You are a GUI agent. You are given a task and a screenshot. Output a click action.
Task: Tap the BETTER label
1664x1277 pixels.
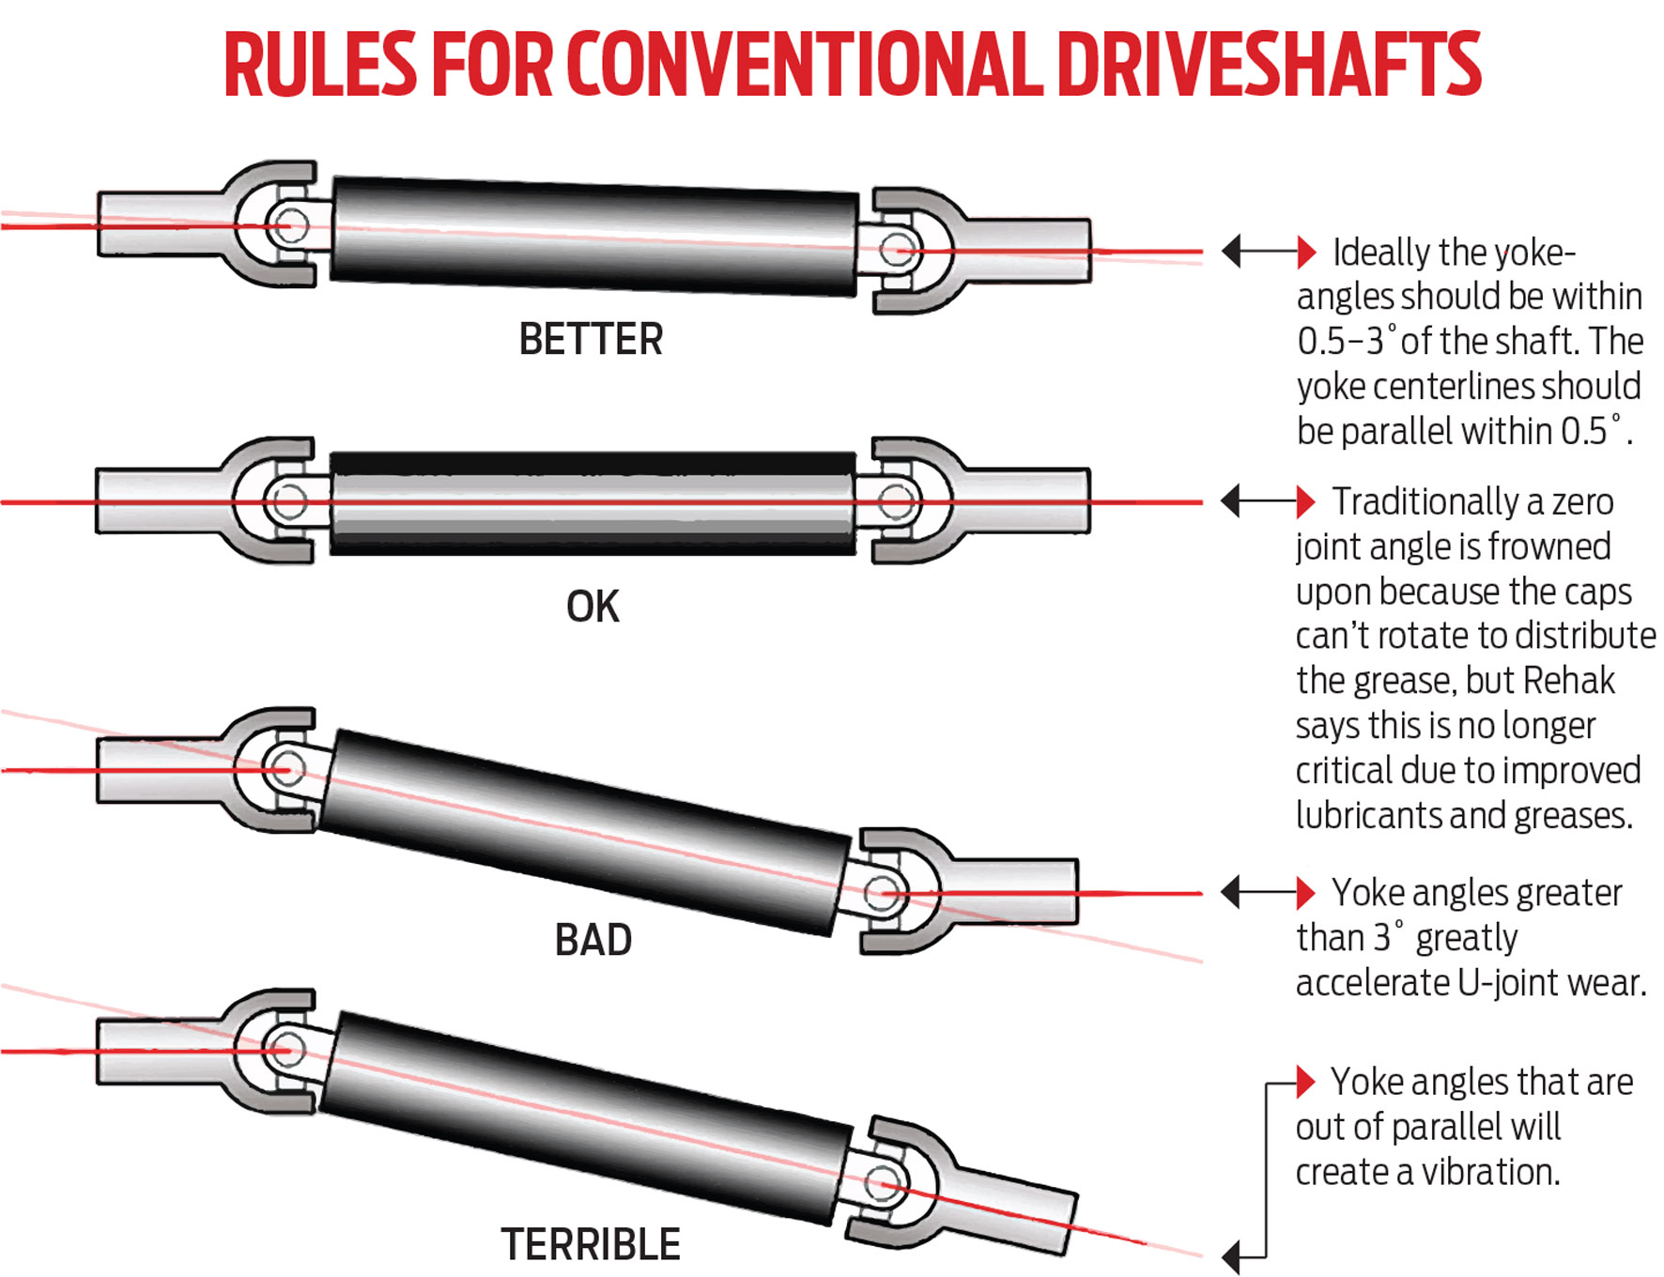pyautogui.click(x=591, y=339)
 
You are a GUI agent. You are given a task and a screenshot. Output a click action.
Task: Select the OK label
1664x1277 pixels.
pyautogui.click(x=593, y=607)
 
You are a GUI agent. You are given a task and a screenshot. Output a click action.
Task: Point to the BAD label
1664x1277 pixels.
pyautogui.click(x=593, y=940)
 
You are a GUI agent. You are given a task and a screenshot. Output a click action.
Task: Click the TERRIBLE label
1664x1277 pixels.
pyautogui.click(x=591, y=1245)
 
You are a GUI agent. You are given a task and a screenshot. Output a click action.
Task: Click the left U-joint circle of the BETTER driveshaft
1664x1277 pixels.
pyautogui.click(x=288, y=225)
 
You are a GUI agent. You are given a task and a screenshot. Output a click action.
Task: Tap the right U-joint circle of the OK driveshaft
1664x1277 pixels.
pyautogui.click(x=896, y=501)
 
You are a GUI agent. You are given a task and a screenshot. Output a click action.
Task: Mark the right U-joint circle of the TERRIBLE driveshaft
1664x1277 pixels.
pyautogui.click(x=881, y=1182)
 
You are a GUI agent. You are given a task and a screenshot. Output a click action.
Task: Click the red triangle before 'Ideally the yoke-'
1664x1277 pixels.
pyautogui.click(x=1305, y=252)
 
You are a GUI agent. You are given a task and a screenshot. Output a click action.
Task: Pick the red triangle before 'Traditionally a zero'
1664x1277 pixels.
pyautogui.click(x=1305, y=501)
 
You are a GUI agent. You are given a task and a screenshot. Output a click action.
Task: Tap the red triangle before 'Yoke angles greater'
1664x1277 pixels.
pyautogui.click(x=1305, y=892)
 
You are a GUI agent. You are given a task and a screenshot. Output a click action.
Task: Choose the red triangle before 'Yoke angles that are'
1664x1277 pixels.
pyautogui.click(x=1305, y=1082)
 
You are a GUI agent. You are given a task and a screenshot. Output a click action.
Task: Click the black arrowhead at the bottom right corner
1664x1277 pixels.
pyautogui.click(x=1231, y=1254)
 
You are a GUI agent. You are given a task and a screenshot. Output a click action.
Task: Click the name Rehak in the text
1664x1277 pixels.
pyautogui.click(x=1567, y=681)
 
